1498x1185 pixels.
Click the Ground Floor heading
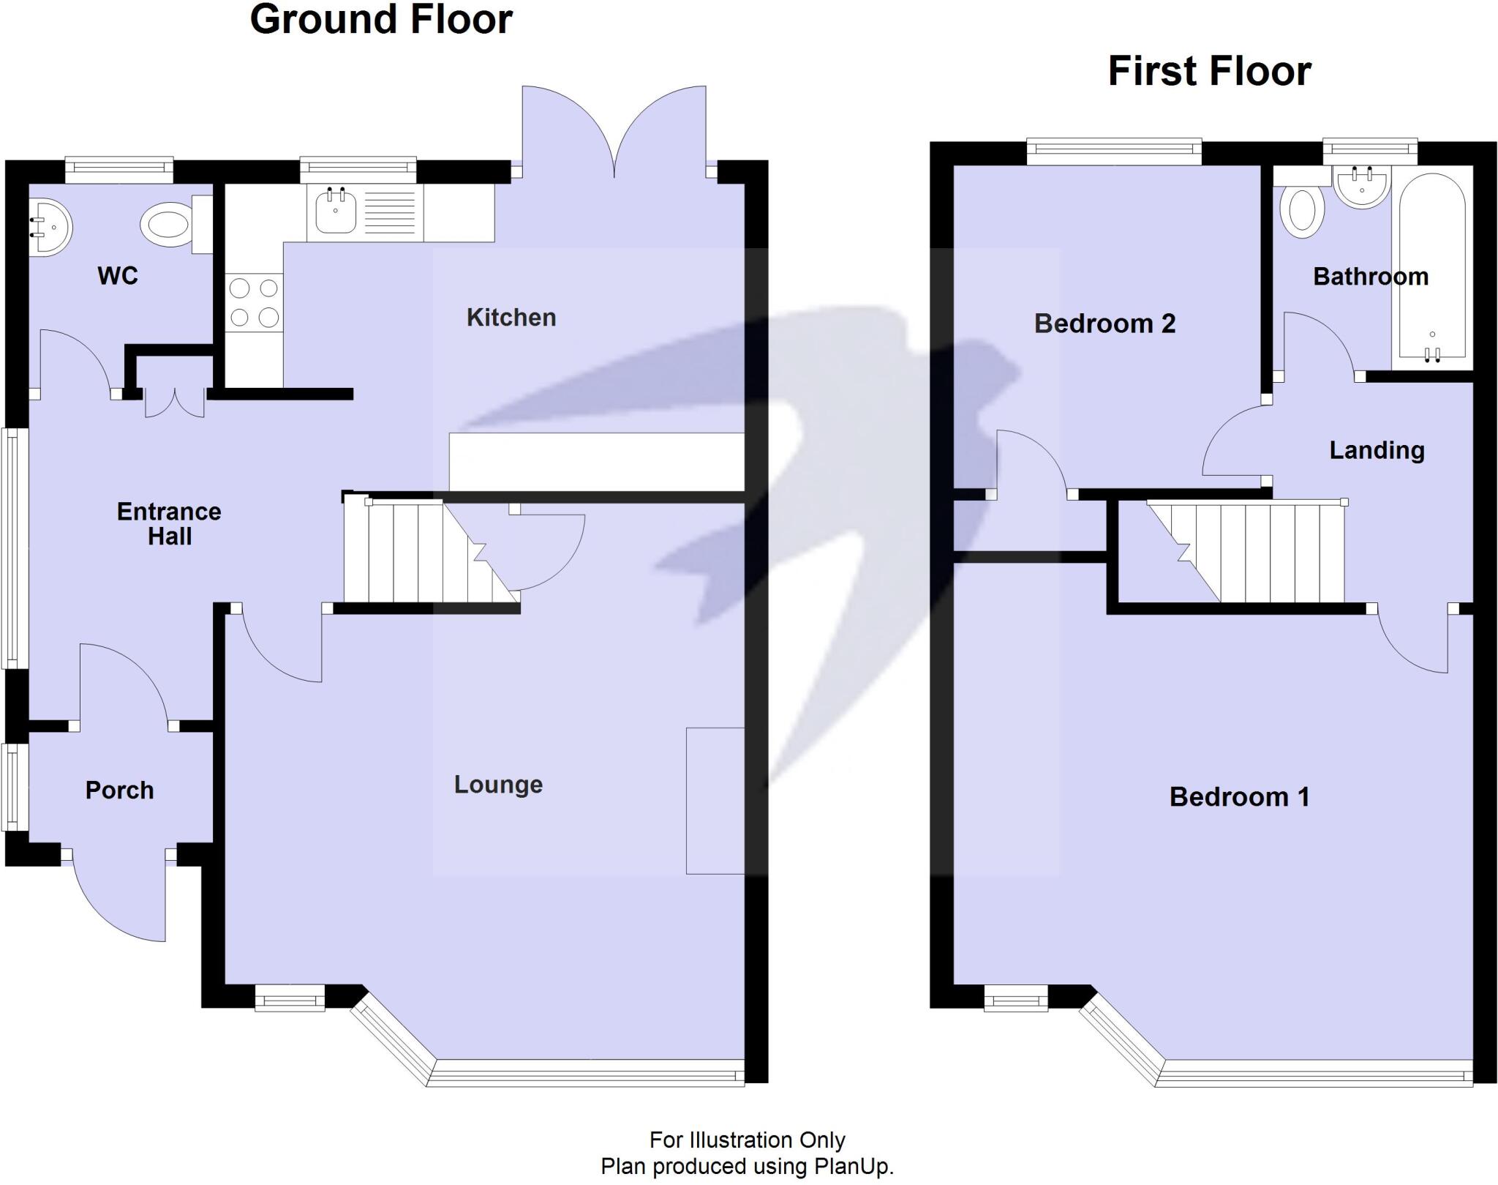pyautogui.click(x=380, y=20)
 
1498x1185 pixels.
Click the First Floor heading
pyautogui.click(x=1209, y=72)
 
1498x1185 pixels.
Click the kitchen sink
pyautogui.click(x=335, y=211)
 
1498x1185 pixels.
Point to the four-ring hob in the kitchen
pyautogui.click(x=254, y=303)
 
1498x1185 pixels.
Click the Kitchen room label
pyautogui.click(x=511, y=318)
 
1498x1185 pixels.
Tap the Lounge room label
pyautogui.click(x=498, y=785)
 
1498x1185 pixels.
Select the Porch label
pyautogui.click(x=119, y=790)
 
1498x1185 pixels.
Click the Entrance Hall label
pyautogui.click(x=169, y=524)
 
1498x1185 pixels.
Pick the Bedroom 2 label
pyautogui.click(x=1104, y=324)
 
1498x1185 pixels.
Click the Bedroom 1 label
pyautogui.click(x=1239, y=797)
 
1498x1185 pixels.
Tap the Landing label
pyautogui.click(x=1377, y=451)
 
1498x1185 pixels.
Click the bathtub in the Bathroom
pyautogui.click(x=1431, y=268)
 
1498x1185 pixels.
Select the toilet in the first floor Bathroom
pyautogui.click(x=1302, y=211)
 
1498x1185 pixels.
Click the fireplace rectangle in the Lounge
pyautogui.click(x=715, y=801)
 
